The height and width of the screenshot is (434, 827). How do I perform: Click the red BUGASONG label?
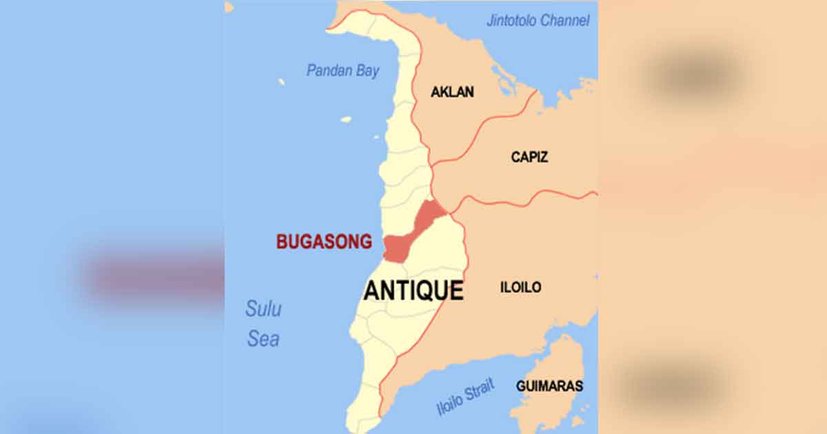(x=324, y=242)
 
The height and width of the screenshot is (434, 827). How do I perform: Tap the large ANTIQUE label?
(x=413, y=291)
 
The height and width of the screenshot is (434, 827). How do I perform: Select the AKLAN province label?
(x=452, y=92)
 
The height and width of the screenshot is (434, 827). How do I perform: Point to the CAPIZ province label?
(x=529, y=157)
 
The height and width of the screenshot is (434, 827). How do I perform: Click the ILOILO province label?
(x=520, y=287)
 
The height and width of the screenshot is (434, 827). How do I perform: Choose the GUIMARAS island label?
(x=549, y=386)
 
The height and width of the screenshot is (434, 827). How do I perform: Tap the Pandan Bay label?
(x=343, y=70)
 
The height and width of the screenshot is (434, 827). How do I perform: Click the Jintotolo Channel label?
(x=538, y=21)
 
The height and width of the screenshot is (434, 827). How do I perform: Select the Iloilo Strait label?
(x=465, y=398)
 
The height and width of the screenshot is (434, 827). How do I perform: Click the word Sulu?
(x=263, y=309)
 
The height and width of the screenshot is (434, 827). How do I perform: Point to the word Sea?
(x=263, y=339)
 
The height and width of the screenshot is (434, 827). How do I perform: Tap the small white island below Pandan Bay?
(x=346, y=119)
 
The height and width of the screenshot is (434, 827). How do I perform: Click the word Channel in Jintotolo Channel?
(x=564, y=21)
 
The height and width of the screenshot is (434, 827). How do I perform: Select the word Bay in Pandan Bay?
(x=367, y=71)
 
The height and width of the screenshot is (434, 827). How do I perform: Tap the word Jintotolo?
(x=511, y=21)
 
